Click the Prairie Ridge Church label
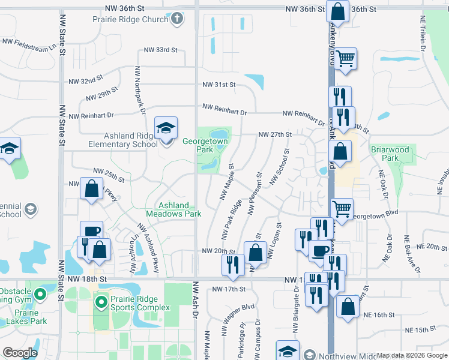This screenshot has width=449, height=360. [130, 19]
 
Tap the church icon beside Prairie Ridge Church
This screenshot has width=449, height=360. [176, 19]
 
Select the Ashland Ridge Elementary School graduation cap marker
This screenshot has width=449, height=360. [166, 128]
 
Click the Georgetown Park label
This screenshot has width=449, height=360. [205, 145]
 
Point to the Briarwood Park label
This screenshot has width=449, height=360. [390, 154]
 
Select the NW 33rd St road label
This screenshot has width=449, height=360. [160, 50]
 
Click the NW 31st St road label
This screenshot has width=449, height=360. [218, 85]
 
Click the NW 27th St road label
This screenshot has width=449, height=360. [274, 134]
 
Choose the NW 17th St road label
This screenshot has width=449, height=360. [229, 289]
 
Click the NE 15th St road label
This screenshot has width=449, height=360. [420, 330]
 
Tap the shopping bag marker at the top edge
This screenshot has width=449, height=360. [338, 12]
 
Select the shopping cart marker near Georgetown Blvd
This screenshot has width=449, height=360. [342, 209]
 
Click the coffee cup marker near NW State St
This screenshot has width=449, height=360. [91, 232]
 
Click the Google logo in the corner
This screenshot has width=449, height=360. [20, 352]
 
